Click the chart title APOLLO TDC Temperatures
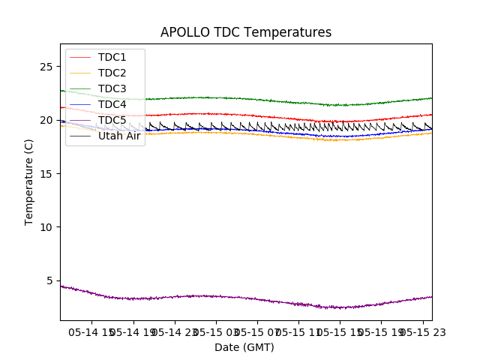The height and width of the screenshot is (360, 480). tap(246, 33)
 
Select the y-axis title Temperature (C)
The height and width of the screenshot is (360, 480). tap(29, 181)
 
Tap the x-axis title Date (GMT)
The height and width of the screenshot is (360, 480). tap(244, 347)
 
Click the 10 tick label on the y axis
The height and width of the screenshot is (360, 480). tap(46, 227)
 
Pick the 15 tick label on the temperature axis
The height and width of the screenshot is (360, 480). tap(46, 174)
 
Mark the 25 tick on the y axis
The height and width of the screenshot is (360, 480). tap(46, 67)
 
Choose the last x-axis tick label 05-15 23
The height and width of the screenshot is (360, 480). tap(420, 331)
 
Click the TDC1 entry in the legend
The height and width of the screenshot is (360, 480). tap(112, 57)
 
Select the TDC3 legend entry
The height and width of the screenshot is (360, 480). tap(112, 88)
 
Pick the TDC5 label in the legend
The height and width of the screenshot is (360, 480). tap(112, 120)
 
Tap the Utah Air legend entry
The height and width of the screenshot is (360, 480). tap(119, 136)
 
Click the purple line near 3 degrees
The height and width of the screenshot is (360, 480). tap(225, 297)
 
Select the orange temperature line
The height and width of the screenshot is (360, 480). tap(225, 133)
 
